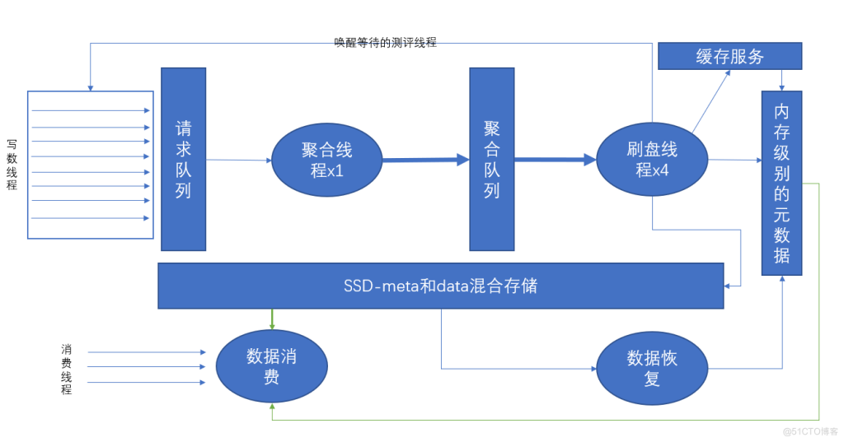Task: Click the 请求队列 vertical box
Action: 183,159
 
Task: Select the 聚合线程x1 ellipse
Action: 327,161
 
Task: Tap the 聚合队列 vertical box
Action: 492,159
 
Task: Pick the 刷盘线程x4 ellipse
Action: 651,160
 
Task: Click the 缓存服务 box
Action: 729,56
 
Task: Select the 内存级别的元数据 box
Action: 781,183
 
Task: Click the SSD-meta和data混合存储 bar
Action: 440,286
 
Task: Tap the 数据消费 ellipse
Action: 272,367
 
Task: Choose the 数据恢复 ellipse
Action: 651,368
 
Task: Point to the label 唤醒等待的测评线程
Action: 385,42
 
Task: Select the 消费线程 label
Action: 66,369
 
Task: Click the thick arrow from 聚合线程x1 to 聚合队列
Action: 425,161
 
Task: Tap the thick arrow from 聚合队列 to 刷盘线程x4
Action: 555,160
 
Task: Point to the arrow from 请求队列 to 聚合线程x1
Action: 238,161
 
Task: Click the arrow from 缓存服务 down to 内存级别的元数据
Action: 781,80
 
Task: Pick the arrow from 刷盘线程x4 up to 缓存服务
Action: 711,101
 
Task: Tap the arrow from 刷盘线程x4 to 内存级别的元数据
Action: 734,160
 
